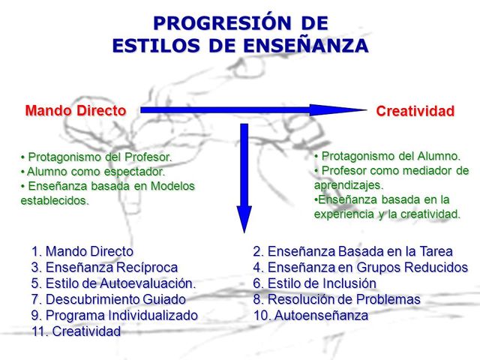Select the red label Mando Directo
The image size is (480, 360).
(x=76, y=110)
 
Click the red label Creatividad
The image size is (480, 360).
(x=415, y=112)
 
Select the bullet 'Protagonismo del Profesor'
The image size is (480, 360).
(x=97, y=157)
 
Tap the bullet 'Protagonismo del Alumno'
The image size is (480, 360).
(x=387, y=156)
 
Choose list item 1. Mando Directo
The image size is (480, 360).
(x=82, y=251)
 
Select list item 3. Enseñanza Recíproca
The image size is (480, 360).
(x=105, y=268)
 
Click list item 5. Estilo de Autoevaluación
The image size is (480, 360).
(x=113, y=283)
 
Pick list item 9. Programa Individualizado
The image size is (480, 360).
(x=115, y=315)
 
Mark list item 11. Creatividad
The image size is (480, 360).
(x=76, y=331)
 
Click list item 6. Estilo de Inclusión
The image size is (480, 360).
(x=315, y=283)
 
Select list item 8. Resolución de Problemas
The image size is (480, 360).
(x=337, y=299)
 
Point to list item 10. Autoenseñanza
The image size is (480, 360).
(x=311, y=315)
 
